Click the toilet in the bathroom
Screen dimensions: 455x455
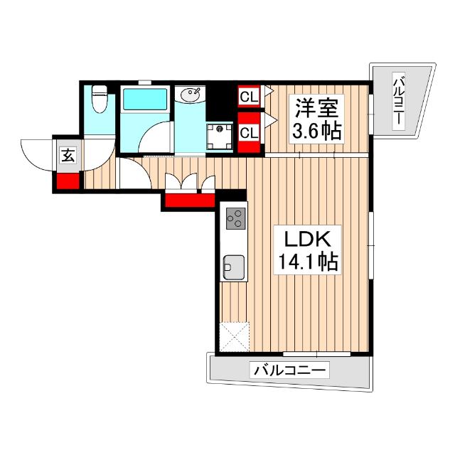pyautogui.click(x=100, y=100)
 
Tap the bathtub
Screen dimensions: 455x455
pyautogui.click(x=144, y=100)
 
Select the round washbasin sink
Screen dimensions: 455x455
pyautogui.click(x=191, y=95)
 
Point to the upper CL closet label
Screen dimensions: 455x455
pyautogui.click(x=248, y=95)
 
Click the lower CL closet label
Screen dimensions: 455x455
pyautogui.click(x=248, y=132)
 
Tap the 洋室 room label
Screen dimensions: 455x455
pyautogui.click(x=316, y=108)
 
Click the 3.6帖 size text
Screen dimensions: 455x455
pyautogui.click(x=316, y=132)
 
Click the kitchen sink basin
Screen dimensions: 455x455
pyautogui.click(x=233, y=267)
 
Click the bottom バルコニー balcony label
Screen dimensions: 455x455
pyautogui.click(x=289, y=370)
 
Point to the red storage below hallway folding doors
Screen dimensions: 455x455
pyautogui.click(x=189, y=200)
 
